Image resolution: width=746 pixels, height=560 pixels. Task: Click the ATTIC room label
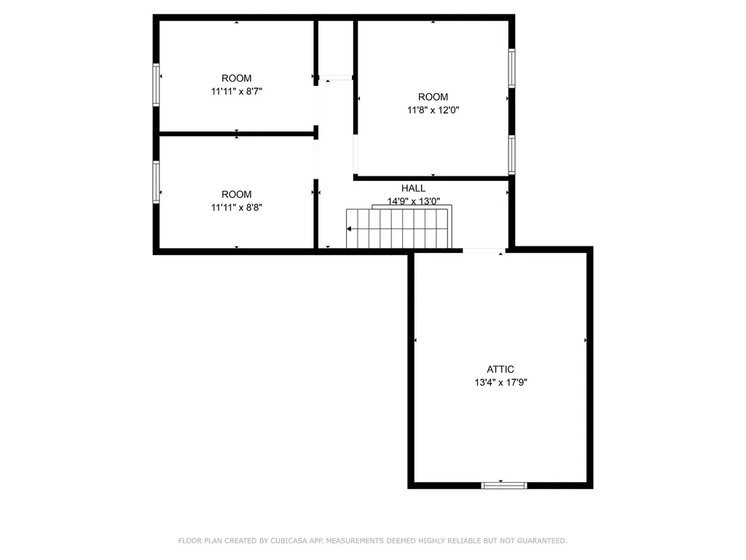[500, 369]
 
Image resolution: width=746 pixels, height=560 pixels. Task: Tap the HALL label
[413, 188]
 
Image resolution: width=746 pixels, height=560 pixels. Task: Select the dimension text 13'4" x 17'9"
[500, 382]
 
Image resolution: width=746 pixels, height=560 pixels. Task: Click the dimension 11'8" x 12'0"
[433, 110]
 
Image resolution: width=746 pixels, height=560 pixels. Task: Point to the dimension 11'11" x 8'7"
[237, 92]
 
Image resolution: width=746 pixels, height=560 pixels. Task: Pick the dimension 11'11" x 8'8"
[237, 207]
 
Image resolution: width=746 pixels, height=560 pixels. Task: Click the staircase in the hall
[399, 228]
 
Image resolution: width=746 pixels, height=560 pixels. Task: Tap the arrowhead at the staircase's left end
[349, 229]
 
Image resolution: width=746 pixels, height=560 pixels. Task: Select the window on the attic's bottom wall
[503, 484]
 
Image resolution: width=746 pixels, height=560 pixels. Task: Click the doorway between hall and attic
[484, 251]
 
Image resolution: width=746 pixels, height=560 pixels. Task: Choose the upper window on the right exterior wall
[511, 68]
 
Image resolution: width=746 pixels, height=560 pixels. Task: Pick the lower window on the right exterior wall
[511, 155]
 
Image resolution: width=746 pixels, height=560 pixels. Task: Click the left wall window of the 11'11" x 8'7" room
[156, 85]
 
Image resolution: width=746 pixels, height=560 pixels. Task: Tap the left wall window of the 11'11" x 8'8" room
[156, 181]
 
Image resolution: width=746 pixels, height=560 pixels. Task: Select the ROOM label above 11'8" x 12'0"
[433, 97]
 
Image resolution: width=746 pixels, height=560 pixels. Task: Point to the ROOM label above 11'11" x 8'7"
[237, 79]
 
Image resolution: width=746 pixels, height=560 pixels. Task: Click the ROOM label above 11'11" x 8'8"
[237, 194]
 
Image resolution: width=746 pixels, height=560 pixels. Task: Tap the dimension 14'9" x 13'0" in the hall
[413, 201]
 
